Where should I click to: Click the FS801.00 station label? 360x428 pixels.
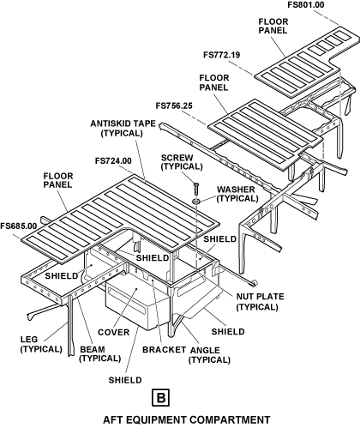point(306,5)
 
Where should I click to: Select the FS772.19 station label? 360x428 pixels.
point(222,55)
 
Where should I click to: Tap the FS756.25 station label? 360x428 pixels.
point(174,105)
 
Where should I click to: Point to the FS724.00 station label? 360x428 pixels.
point(113,161)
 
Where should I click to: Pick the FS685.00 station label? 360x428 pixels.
point(19,226)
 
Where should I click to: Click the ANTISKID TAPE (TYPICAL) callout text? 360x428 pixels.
point(123,129)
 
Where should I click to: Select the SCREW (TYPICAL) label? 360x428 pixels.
point(182,162)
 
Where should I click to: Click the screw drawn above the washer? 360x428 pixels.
point(196,189)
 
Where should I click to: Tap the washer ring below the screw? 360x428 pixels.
point(196,201)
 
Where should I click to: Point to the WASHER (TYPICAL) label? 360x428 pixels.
point(237,194)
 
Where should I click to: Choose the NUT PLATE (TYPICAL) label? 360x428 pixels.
point(260,302)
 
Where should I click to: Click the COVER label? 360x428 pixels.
point(113,333)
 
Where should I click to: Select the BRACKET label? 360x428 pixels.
point(164,350)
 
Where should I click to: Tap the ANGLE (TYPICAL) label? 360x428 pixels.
point(209,355)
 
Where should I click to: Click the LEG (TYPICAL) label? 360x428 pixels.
point(41,344)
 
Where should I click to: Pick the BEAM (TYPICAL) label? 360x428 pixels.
point(100,354)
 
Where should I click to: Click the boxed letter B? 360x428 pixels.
point(160,397)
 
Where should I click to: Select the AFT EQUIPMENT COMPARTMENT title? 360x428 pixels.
point(187,419)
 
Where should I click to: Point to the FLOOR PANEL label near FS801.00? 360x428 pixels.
point(273,26)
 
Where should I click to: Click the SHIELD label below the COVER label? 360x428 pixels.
point(125,380)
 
